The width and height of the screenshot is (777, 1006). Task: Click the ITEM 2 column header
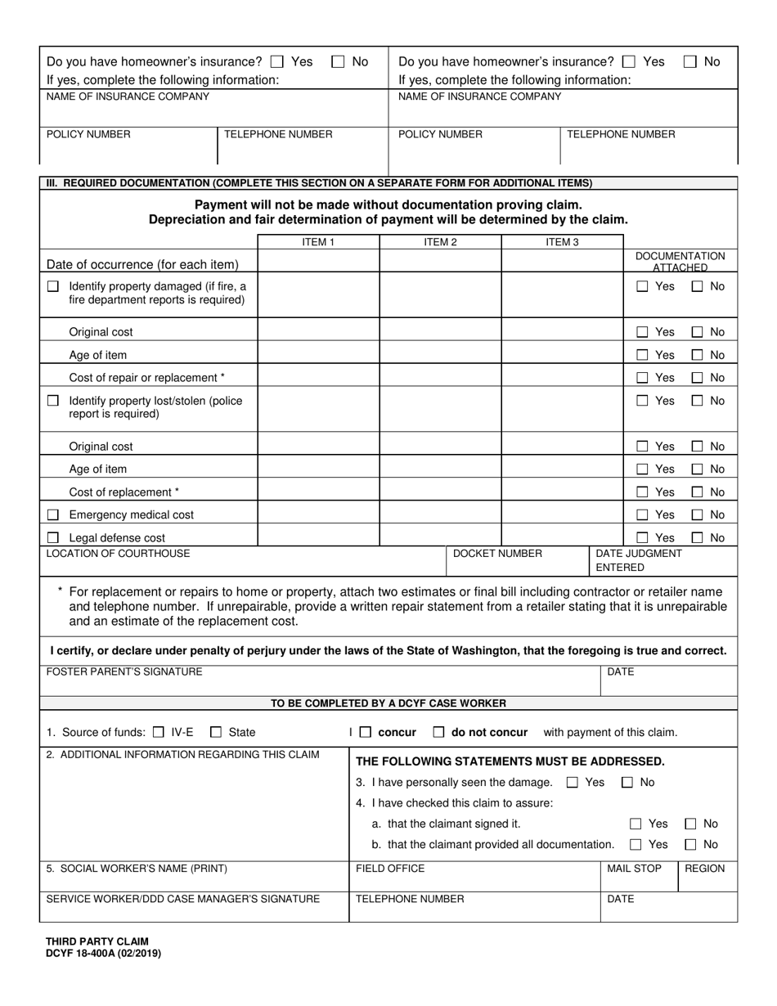[440, 241]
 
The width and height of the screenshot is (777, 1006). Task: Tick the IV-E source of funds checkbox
[159, 733]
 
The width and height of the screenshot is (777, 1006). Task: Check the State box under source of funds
[216, 733]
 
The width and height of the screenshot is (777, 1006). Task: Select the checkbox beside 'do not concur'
[438, 733]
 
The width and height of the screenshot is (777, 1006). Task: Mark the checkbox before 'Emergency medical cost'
[53, 515]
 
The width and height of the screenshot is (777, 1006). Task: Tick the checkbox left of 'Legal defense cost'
[53, 538]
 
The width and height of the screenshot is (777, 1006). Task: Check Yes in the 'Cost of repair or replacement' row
[643, 378]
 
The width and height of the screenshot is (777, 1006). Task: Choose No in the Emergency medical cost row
[697, 515]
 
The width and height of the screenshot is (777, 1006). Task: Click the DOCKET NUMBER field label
[497, 554]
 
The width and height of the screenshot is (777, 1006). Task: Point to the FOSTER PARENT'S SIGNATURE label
[124, 672]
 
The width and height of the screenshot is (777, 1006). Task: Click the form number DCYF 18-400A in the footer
[104, 953]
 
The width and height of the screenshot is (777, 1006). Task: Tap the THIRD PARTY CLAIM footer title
[97, 941]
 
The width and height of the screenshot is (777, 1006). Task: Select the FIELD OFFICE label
[390, 869]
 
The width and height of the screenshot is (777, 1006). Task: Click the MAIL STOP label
[634, 869]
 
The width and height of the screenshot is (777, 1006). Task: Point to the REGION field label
[704, 869]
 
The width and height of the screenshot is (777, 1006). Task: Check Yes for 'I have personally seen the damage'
[573, 783]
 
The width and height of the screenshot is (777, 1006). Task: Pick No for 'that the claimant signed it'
[690, 824]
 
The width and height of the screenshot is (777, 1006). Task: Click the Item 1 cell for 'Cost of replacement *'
[318, 492]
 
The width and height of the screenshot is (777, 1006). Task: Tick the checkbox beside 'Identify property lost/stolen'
[53, 401]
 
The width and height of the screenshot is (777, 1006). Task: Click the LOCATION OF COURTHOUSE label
[118, 554]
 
